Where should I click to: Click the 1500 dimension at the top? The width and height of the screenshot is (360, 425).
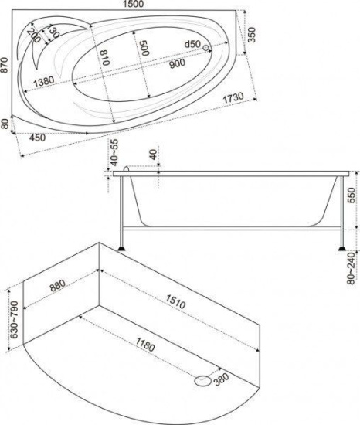(x=133, y=4)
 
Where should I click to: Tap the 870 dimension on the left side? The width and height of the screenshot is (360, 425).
(x=4, y=65)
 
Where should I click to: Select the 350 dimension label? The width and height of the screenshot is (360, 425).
(x=252, y=35)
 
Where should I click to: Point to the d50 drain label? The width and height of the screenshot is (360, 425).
(x=192, y=44)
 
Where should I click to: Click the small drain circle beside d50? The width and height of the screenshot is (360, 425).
(x=206, y=48)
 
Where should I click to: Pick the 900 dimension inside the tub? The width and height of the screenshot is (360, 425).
(x=177, y=63)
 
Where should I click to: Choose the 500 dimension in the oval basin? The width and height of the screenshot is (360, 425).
(x=144, y=48)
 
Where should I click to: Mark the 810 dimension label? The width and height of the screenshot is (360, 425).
(x=104, y=58)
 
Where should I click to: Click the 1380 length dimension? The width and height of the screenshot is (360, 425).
(x=43, y=82)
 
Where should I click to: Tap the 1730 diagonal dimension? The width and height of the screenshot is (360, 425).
(x=233, y=98)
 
